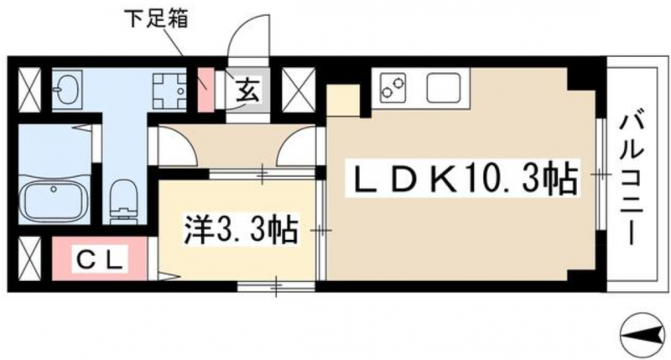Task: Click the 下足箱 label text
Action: [x=156, y=18]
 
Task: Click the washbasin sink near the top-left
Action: [x=67, y=89]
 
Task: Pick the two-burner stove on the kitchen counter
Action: [x=393, y=88]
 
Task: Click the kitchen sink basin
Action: [x=444, y=88]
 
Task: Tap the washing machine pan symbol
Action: [x=171, y=91]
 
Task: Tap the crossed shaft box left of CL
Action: [x=30, y=259]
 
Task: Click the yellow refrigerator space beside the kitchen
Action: [x=343, y=101]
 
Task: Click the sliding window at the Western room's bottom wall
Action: [x=277, y=286]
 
